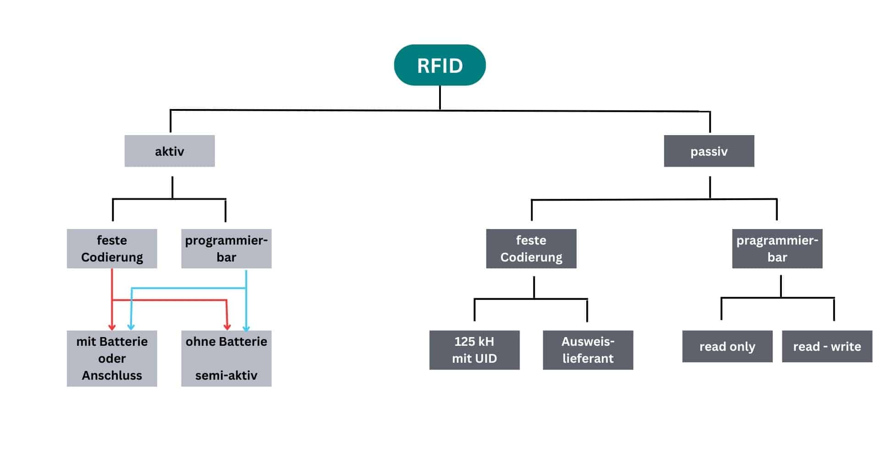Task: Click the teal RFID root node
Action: pos(440,65)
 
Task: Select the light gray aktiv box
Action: pos(170,151)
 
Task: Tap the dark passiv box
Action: pos(709,151)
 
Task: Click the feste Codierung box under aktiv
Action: pos(112,249)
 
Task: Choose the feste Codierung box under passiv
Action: pos(531,249)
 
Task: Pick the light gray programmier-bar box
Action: pos(226,249)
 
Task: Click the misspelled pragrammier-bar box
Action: pos(777,249)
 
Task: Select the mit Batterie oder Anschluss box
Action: pos(112,358)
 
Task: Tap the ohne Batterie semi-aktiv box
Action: pos(226,358)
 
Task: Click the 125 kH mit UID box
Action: pos(474,350)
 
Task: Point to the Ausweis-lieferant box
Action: pos(588,350)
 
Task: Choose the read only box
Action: pos(727,347)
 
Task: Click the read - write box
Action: pos(827,347)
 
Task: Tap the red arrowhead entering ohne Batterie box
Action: pos(227,327)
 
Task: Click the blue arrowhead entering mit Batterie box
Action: pos(131,327)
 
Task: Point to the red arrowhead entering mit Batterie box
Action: pos(112,327)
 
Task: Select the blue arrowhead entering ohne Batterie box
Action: pos(246,328)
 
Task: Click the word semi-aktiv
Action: pos(226,376)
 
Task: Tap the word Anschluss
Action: pos(112,376)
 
